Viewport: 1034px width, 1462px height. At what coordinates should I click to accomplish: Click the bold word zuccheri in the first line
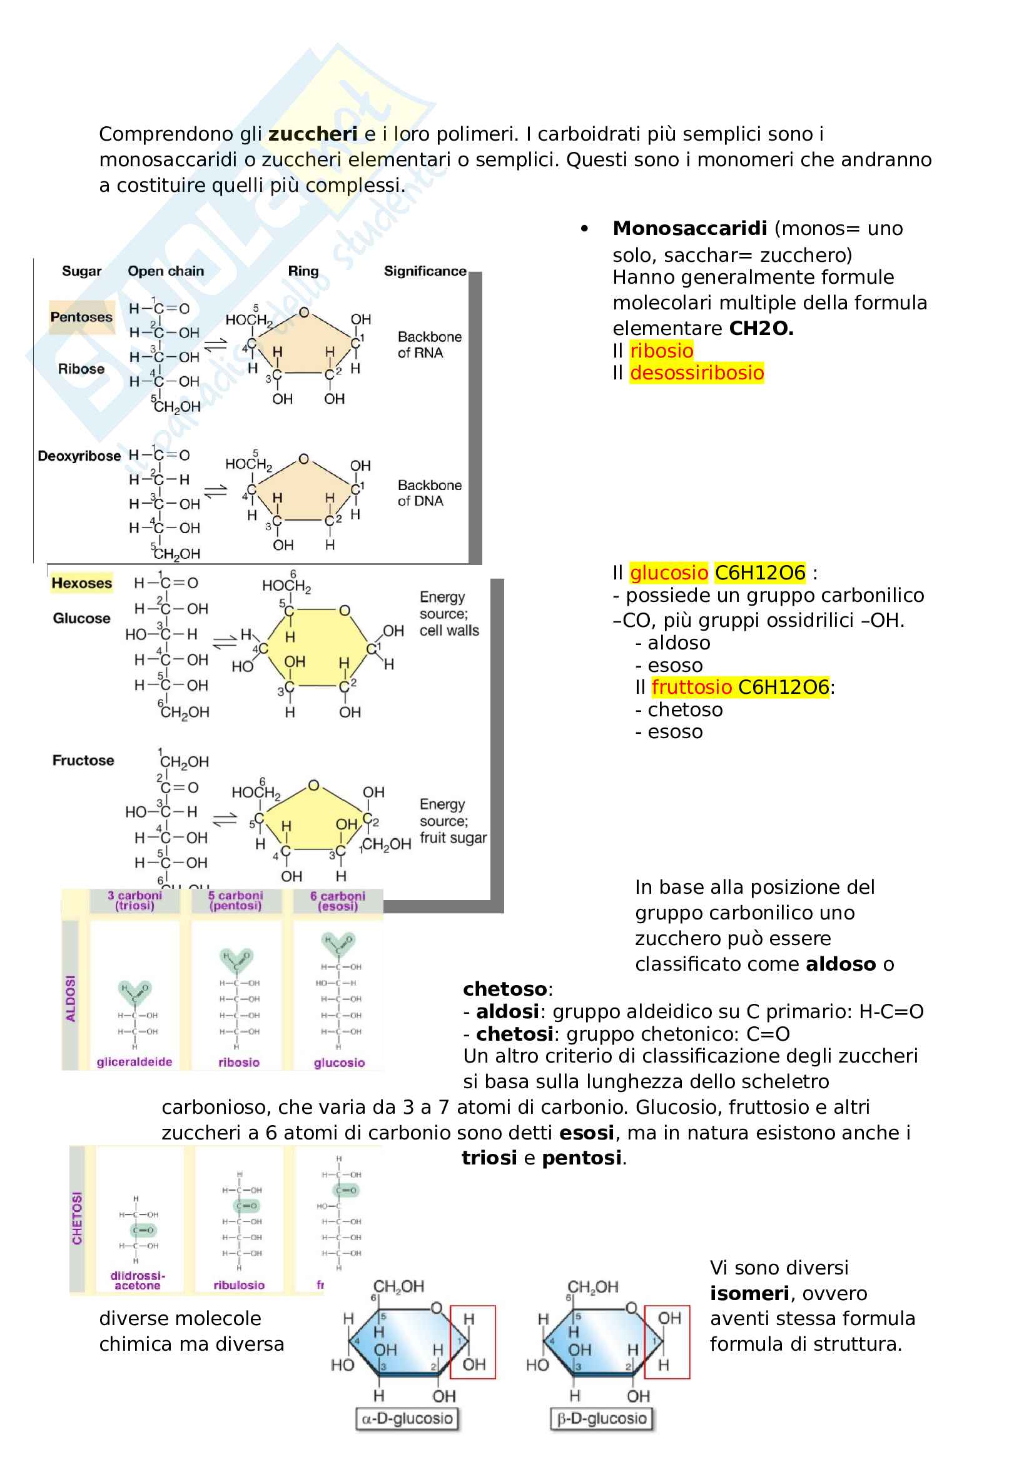pyautogui.click(x=312, y=134)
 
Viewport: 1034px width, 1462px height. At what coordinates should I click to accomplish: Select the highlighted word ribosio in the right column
pyautogui.click(x=661, y=350)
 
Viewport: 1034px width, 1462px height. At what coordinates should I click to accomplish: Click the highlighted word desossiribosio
pyautogui.click(x=696, y=373)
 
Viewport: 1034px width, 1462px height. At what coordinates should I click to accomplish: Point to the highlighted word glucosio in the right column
pyautogui.click(x=668, y=573)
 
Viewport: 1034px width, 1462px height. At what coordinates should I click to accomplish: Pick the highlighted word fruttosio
pyautogui.click(x=691, y=687)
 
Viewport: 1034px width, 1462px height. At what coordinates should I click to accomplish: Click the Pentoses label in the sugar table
pyautogui.click(x=81, y=317)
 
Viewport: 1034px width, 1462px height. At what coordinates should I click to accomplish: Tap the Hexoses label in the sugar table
pyautogui.click(x=81, y=583)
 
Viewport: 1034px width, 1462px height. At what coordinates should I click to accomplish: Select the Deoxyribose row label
pyautogui.click(x=79, y=456)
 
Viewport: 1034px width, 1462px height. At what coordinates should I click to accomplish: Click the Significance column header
pyautogui.click(x=425, y=271)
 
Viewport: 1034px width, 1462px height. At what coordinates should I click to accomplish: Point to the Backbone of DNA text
pyautogui.click(x=429, y=493)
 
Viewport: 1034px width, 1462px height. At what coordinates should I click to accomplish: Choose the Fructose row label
pyautogui.click(x=83, y=760)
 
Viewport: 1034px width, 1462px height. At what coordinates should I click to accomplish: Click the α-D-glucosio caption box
pyautogui.click(x=407, y=1419)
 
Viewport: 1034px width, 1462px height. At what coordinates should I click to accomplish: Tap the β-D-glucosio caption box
pyautogui.click(x=602, y=1419)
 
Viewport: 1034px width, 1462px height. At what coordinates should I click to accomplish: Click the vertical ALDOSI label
pyautogui.click(x=71, y=998)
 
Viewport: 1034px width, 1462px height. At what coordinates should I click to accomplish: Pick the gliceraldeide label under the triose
pyautogui.click(x=134, y=1062)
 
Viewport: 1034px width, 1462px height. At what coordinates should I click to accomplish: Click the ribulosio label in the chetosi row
pyautogui.click(x=239, y=1285)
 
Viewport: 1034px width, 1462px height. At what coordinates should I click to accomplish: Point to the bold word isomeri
pyautogui.click(x=750, y=1293)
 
